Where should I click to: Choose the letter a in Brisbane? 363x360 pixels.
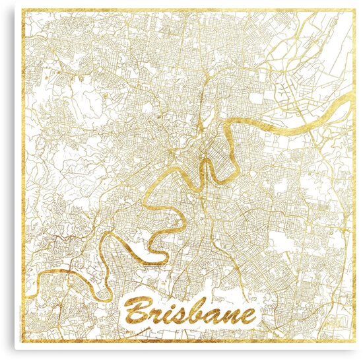218,314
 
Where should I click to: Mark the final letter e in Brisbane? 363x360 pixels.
250,314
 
